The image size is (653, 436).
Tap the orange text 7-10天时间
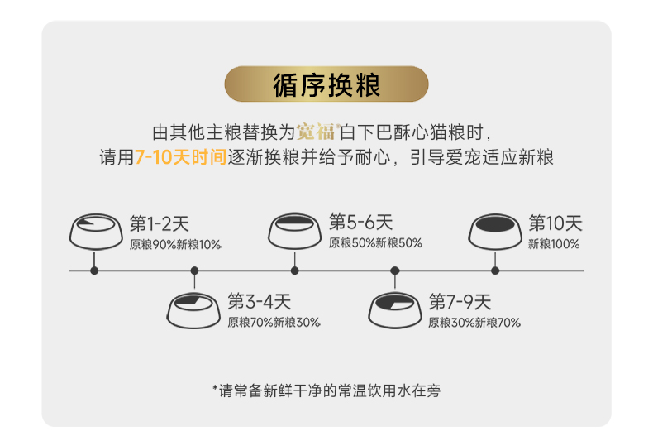(180, 157)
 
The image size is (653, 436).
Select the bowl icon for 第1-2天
(94, 231)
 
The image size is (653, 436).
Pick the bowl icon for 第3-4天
(195, 309)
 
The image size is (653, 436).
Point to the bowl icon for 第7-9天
(395, 309)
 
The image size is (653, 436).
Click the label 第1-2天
(160, 223)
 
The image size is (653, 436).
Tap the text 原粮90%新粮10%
(175, 244)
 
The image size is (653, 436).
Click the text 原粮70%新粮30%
(274, 322)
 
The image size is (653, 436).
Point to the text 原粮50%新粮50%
(375, 243)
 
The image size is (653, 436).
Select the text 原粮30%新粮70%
(474, 322)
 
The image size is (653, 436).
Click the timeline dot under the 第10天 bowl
(495, 270)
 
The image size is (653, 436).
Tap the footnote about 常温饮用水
(326, 390)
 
